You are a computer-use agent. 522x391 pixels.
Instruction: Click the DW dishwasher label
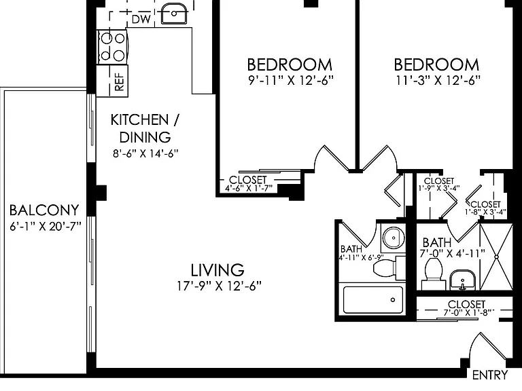[141, 19]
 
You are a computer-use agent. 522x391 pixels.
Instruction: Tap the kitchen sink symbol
[173, 14]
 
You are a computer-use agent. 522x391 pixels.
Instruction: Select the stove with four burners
[112, 47]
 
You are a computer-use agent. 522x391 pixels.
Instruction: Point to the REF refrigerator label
[119, 82]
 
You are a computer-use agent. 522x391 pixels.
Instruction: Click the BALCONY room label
[44, 210]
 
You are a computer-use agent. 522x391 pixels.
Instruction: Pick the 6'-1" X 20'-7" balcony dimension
[46, 227]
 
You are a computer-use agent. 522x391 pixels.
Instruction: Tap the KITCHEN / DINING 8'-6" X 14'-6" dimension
[145, 153]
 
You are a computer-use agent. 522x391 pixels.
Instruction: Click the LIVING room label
[217, 270]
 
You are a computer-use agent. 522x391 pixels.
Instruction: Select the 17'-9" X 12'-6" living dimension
[219, 286]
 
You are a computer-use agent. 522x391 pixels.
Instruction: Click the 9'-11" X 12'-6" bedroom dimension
[291, 80]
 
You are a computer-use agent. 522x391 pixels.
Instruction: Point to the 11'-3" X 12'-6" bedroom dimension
[438, 80]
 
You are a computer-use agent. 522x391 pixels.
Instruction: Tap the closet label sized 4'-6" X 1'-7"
[248, 184]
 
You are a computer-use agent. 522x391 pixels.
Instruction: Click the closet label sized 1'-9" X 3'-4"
[439, 184]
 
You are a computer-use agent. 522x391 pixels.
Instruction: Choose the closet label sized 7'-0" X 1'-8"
[467, 308]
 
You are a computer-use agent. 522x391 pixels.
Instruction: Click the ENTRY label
[490, 375]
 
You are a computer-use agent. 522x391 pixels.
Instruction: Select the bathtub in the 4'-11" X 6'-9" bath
[372, 300]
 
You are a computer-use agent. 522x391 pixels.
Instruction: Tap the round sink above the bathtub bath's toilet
[394, 238]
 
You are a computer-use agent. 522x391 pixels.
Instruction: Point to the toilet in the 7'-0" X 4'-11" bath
[434, 274]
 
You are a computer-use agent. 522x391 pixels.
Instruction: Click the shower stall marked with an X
[496, 257]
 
